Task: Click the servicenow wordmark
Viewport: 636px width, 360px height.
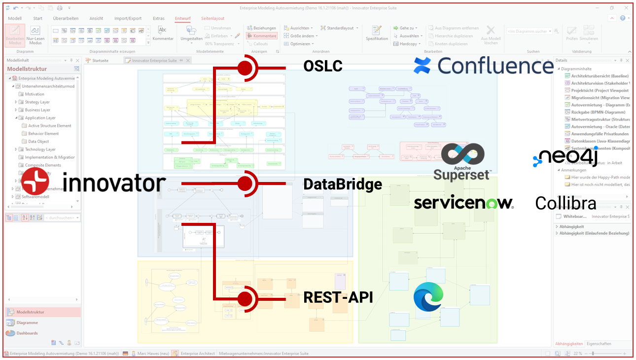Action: pos(463,203)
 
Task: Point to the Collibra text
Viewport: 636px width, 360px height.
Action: pos(565,203)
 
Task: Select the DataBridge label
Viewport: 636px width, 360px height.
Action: pos(343,184)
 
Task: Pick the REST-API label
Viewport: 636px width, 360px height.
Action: pos(338,297)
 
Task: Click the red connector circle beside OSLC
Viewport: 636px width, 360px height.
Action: pos(245,68)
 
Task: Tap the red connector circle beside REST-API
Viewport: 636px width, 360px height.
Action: pos(245,299)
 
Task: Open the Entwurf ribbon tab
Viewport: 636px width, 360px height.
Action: pos(182,19)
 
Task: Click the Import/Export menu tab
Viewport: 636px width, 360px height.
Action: pos(128,19)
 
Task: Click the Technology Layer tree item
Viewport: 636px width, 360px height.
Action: pos(40,149)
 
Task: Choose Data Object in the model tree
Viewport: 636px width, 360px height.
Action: pos(38,142)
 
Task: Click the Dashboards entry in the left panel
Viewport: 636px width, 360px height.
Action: pos(27,333)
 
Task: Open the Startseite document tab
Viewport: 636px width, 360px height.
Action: pos(103,61)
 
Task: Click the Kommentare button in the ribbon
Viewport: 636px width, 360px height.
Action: pos(262,36)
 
